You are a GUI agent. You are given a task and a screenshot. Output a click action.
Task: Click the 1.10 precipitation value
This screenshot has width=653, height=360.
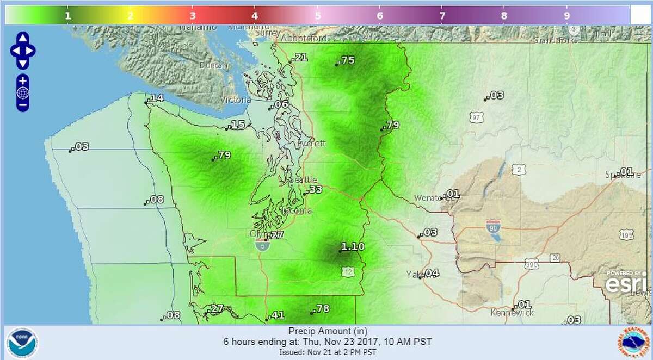click(x=352, y=247)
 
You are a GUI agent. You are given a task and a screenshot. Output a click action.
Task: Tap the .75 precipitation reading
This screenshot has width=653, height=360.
click(x=346, y=60)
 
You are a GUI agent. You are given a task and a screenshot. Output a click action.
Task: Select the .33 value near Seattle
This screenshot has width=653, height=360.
click(x=314, y=190)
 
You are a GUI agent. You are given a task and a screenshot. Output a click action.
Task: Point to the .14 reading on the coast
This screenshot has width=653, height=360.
click(x=156, y=98)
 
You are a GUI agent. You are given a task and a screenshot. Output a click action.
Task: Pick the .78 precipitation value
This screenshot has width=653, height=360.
click(x=321, y=309)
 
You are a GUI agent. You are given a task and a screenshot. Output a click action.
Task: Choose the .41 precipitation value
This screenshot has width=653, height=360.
click(x=276, y=315)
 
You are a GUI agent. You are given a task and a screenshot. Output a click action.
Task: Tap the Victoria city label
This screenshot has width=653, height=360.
click(x=236, y=100)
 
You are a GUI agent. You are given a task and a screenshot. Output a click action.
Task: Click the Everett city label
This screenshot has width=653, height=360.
click(x=311, y=144)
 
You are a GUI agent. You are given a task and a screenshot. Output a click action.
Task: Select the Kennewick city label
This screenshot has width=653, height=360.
click(x=512, y=313)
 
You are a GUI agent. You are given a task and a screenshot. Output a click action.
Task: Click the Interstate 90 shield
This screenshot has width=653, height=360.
click(x=494, y=226)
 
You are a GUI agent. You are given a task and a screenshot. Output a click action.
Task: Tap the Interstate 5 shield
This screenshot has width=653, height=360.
click(x=261, y=245)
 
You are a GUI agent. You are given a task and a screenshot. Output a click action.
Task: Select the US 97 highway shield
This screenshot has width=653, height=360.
click(x=477, y=117)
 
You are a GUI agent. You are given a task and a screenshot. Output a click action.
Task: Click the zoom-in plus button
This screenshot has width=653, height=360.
click(x=23, y=80)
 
